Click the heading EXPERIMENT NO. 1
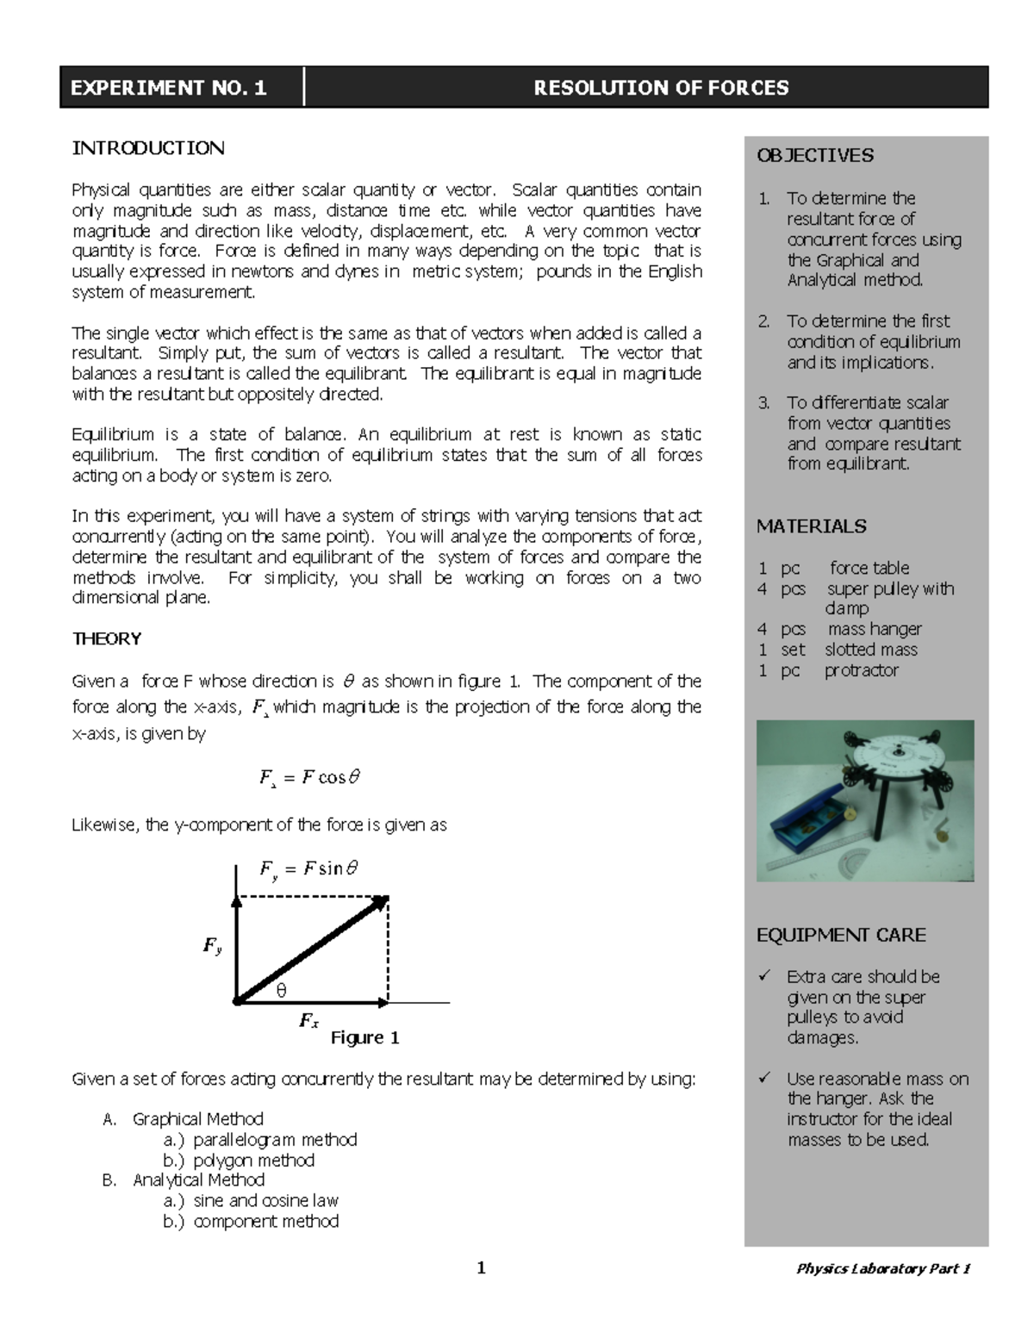tap(169, 88)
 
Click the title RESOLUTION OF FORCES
tap(661, 88)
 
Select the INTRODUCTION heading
tap(148, 148)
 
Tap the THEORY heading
tap(107, 638)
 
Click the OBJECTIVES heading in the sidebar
tap(814, 156)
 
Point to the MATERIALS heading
tap(811, 526)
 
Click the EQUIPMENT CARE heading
tap(841, 935)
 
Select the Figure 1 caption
tap(364, 1037)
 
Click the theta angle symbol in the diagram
tap(281, 991)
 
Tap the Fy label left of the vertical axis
tap(212, 946)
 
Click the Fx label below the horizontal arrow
tap(308, 1021)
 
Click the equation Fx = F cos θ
tap(309, 778)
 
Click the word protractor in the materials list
tap(861, 670)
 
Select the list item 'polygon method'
tap(253, 1160)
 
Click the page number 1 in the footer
tap(482, 1267)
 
